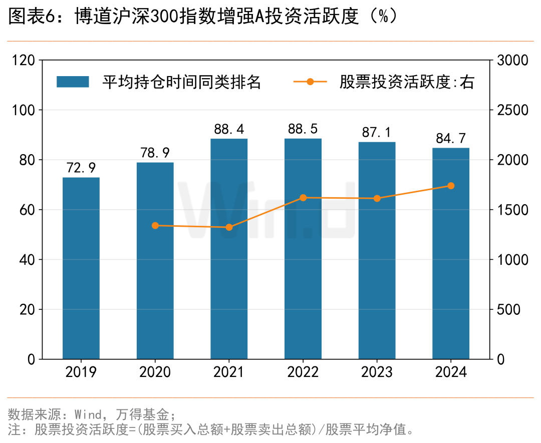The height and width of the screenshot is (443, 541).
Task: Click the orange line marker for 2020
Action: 155,226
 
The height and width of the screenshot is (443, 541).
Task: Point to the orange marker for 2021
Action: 229,227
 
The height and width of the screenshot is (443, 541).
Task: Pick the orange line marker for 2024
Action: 451,186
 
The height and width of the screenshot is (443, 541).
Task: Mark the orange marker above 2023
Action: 377,198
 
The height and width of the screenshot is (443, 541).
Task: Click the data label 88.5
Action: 303,129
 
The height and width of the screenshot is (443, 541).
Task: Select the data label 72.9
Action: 81,168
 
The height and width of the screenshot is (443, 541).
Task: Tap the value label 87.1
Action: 377,132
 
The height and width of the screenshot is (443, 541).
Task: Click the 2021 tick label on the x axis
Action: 229,372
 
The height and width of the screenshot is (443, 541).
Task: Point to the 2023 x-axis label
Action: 377,372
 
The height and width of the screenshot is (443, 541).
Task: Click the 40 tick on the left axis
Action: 29,260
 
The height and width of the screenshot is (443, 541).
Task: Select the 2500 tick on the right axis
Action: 512,110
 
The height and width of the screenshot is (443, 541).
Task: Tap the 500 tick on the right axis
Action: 508,310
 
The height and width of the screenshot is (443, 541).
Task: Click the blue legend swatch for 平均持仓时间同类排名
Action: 73,82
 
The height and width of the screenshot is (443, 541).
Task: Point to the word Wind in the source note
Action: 90,414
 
